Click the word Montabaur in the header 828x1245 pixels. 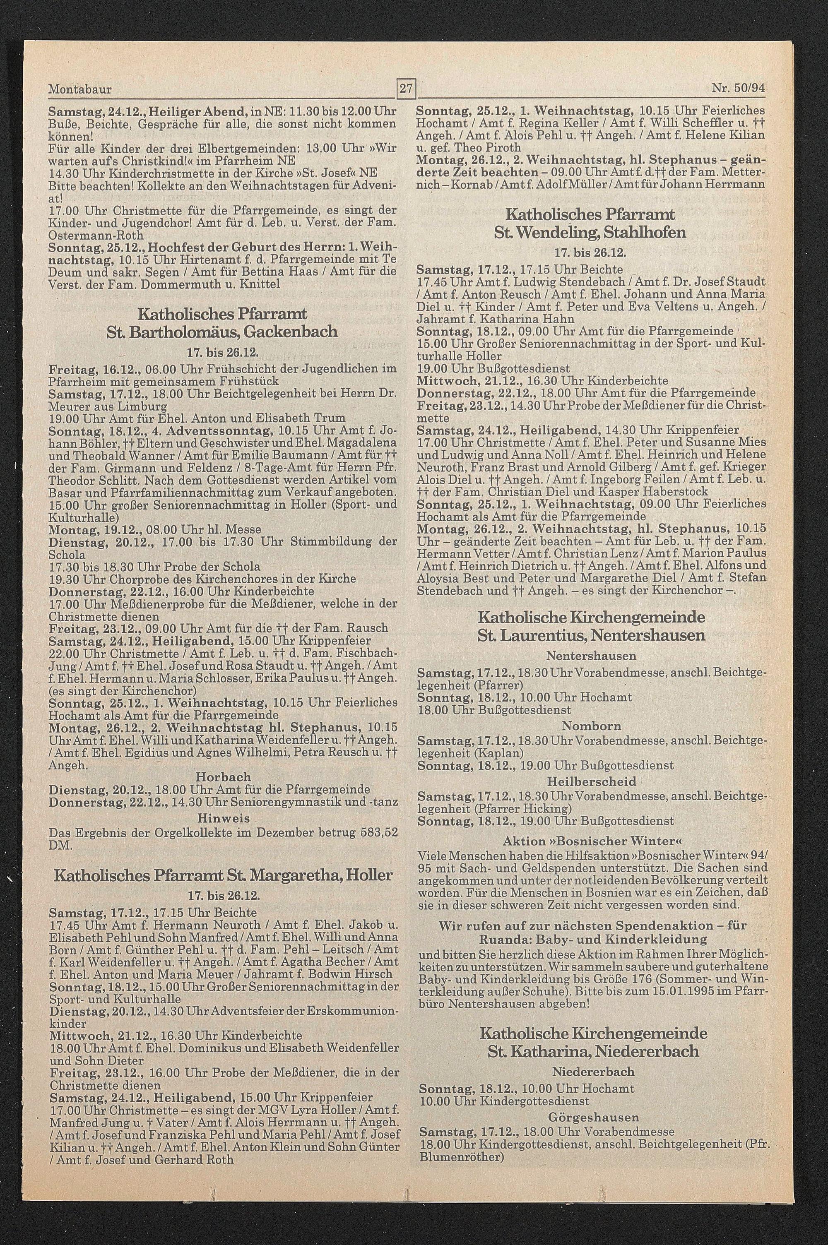tap(80, 89)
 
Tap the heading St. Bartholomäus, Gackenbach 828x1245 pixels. tap(222, 332)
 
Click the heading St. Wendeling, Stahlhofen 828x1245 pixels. tap(590, 232)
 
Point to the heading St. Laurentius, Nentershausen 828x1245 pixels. tap(590, 635)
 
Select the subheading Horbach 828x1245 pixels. tap(224, 777)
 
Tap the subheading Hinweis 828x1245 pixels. tap(224, 819)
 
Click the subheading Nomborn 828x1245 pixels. tap(591, 726)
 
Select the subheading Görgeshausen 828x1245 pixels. tap(593, 1103)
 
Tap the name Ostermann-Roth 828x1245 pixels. tap(96, 234)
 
